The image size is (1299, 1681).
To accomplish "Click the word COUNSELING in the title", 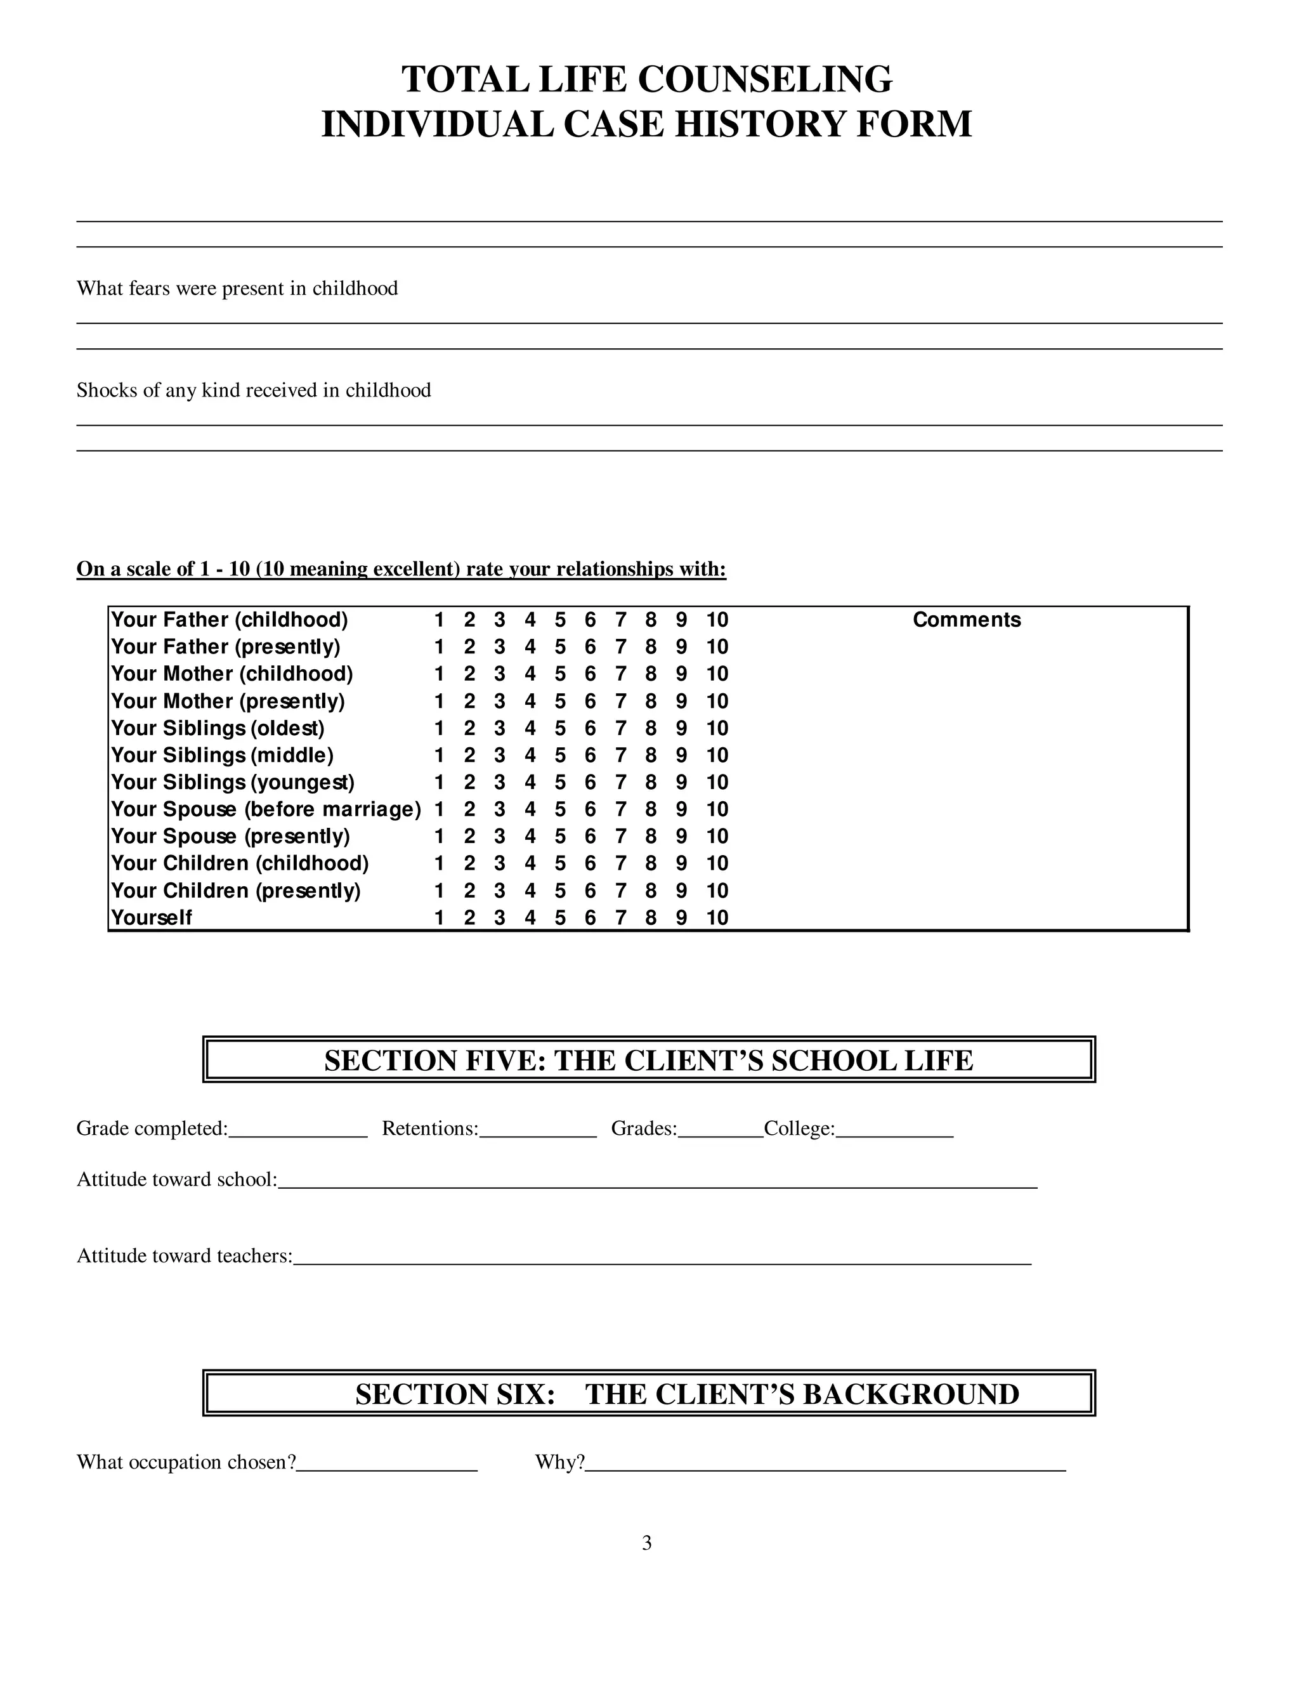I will [765, 79].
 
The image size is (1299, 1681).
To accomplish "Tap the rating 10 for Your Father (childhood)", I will [717, 620].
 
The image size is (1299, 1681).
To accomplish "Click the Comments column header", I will [966, 620].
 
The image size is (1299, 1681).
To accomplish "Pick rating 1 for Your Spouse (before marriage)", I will [439, 809].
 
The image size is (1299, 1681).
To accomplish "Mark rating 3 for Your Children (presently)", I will [499, 891].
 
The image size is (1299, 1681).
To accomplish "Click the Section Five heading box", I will [648, 1061].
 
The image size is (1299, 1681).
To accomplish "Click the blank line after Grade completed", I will [298, 1129].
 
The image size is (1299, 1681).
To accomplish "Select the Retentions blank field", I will [537, 1129].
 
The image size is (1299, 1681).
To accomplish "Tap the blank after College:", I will [894, 1129].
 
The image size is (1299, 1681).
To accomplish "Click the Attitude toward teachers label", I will [184, 1256].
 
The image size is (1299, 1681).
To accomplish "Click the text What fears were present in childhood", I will [237, 289].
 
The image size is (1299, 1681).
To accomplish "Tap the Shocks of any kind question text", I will [253, 390].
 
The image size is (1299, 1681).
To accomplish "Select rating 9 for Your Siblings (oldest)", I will [681, 728].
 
